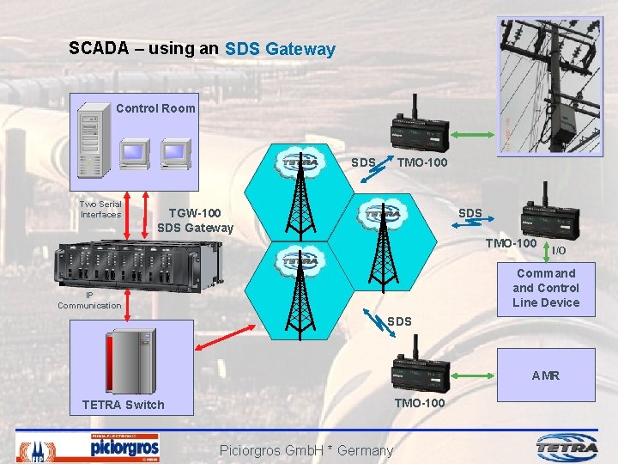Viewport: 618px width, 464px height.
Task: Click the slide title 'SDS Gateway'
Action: click(x=280, y=50)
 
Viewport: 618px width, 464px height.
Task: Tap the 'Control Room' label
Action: click(x=155, y=108)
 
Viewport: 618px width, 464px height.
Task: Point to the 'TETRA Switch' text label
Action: click(x=123, y=405)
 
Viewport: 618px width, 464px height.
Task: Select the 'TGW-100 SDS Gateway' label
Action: click(x=195, y=220)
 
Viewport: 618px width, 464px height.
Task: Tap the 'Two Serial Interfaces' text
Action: click(x=100, y=209)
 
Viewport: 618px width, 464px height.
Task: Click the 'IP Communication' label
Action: click(x=89, y=300)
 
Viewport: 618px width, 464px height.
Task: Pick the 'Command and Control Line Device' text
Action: click(x=546, y=288)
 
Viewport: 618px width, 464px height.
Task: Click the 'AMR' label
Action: click(x=545, y=375)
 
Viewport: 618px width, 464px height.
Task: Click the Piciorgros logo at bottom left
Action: click(x=124, y=447)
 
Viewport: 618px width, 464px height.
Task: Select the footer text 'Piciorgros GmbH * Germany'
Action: click(x=306, y=450)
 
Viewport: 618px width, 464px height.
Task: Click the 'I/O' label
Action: click(x=558, y=250)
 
